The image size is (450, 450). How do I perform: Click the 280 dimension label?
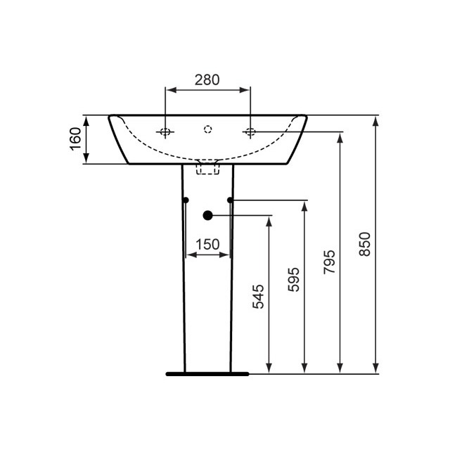207,79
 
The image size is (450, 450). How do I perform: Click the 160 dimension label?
76,139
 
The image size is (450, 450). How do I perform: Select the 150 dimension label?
207,245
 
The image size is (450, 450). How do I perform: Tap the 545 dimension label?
258,297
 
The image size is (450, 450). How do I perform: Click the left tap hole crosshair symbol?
165,131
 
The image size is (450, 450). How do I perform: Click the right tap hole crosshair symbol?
250,131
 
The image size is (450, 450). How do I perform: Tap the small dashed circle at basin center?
207,129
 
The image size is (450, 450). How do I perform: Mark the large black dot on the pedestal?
207,215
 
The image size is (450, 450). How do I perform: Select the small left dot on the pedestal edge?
186,200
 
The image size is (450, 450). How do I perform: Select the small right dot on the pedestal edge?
230,200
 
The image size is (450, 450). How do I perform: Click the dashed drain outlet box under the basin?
208,167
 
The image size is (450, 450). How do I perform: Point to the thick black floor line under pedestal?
207,374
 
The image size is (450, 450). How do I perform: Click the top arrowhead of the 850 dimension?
376,120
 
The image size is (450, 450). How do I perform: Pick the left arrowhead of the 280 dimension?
169,89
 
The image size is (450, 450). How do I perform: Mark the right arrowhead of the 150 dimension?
226,255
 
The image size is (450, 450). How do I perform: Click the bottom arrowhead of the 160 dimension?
86,160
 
